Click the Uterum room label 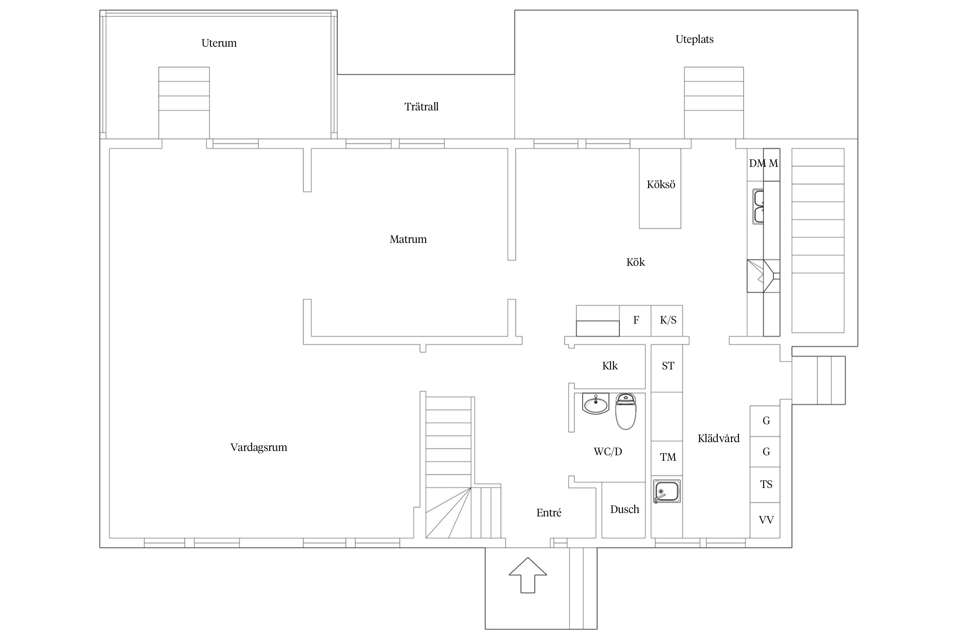(219, 43)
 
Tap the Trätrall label (421, 107)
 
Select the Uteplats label (694, 39)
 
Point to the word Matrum (408, 239)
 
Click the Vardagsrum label (259, 448)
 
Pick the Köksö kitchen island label (661, 184)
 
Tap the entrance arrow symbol (528, 575)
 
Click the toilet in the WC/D (626, 411)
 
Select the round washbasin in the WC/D (596, 404)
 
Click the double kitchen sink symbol (758, 206)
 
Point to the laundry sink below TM (667, 491)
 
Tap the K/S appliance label (668, 320)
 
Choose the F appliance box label (636, 320)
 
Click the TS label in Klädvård (766, 485)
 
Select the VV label (766, 520)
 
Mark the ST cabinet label (668, 366)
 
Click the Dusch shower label (625, 509)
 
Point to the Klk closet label (610, 366)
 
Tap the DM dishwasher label (757, 163)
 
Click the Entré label (549, 513)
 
